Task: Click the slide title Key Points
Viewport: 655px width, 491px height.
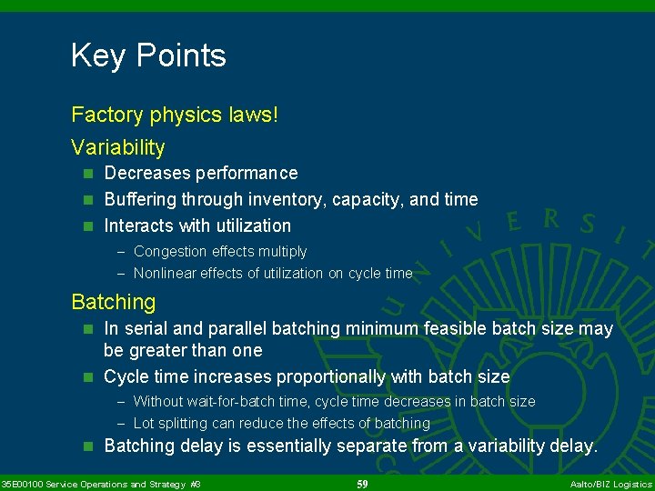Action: tap(148, 56)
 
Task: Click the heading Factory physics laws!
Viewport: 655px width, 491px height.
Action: tap(163, 115)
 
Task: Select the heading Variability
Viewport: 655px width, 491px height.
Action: tap(118, 147)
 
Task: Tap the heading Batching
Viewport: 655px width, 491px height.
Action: tap(114, 302)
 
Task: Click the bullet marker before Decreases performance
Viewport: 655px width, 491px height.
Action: tap(88, 174)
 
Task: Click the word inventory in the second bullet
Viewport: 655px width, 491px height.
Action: tap(288, 200)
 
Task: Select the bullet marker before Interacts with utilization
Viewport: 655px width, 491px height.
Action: tap(88, 226)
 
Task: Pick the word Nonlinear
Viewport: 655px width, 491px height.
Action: tap(164, 274)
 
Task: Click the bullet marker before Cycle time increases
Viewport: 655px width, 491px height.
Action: tap(88, 377)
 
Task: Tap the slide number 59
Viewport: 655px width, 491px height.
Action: tap(362, 485)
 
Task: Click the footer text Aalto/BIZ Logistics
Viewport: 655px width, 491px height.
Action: tap(610, 485)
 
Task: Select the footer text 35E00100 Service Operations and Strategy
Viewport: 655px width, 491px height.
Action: tap(95, 485)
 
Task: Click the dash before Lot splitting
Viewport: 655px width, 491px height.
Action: tap(122, 424)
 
